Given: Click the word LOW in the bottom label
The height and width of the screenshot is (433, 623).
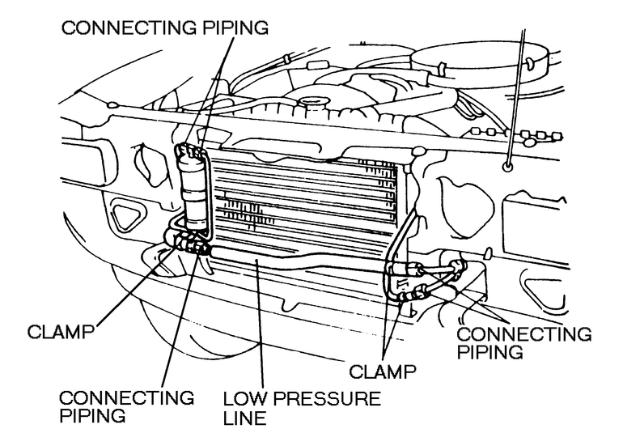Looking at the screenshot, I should tap(243, 399).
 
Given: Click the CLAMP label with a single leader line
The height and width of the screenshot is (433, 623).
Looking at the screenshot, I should tap(61, 331).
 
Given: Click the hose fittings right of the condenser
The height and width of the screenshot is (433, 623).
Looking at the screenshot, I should tap(421, 279).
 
